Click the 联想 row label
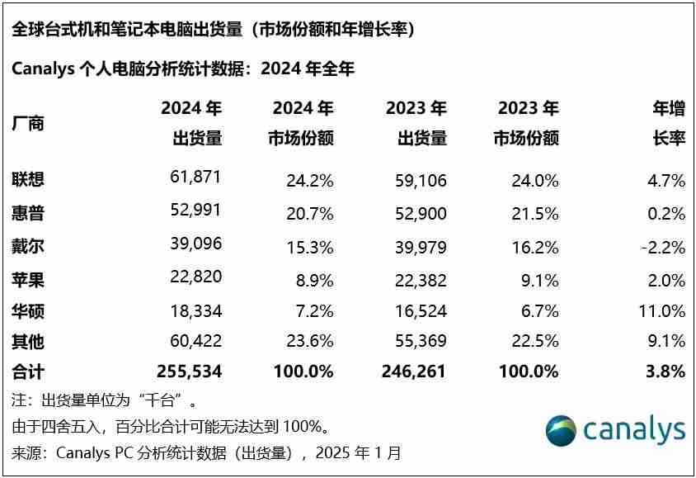[x=28, y=179]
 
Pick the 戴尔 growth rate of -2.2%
[x=661, y=247]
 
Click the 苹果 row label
[x=28, y=280]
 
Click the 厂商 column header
[x=28, y=124]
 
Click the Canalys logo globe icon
[x=562, y=430]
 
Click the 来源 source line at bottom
[x=206, y=452]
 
